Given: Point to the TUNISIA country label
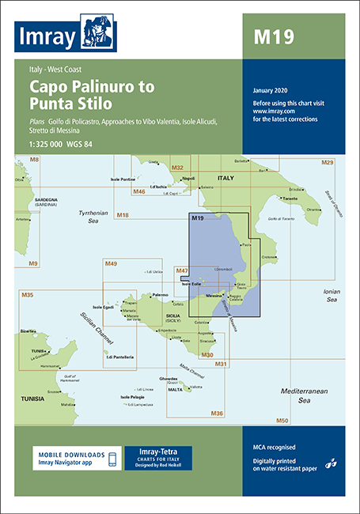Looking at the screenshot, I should (x=33, y=376).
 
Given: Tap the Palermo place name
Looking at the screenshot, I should (x=161, y=295).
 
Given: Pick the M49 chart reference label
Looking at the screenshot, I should (x=111, y=263).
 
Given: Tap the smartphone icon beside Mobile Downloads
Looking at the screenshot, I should (x=112, y=459).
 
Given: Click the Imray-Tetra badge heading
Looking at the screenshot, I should (x=157, y=451).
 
